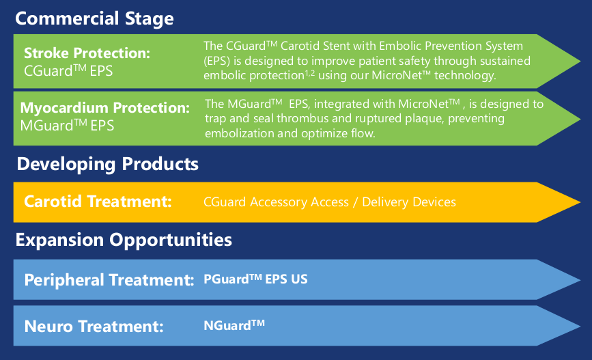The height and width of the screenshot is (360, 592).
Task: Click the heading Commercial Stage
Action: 94,19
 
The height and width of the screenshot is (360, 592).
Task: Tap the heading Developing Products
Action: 108,165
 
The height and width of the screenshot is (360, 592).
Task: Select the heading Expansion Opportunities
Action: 124,240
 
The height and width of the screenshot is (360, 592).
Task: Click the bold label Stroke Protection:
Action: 87,53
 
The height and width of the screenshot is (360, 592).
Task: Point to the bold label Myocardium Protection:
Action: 105,108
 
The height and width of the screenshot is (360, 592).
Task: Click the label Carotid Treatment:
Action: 98,202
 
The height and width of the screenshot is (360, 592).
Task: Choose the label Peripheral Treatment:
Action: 109,280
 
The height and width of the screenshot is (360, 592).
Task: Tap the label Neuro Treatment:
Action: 94,327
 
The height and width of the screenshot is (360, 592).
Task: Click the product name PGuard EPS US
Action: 255,279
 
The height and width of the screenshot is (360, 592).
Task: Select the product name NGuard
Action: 234,325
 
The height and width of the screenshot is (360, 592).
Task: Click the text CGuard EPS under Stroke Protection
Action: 68,71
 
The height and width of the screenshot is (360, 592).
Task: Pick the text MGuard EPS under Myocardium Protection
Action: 67,126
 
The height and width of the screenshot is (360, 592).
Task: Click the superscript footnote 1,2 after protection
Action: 310,72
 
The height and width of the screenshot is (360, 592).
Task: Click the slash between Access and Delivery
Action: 355,202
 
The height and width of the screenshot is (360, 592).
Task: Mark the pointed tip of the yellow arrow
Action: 580,202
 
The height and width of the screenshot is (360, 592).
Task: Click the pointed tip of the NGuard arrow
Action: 580,326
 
